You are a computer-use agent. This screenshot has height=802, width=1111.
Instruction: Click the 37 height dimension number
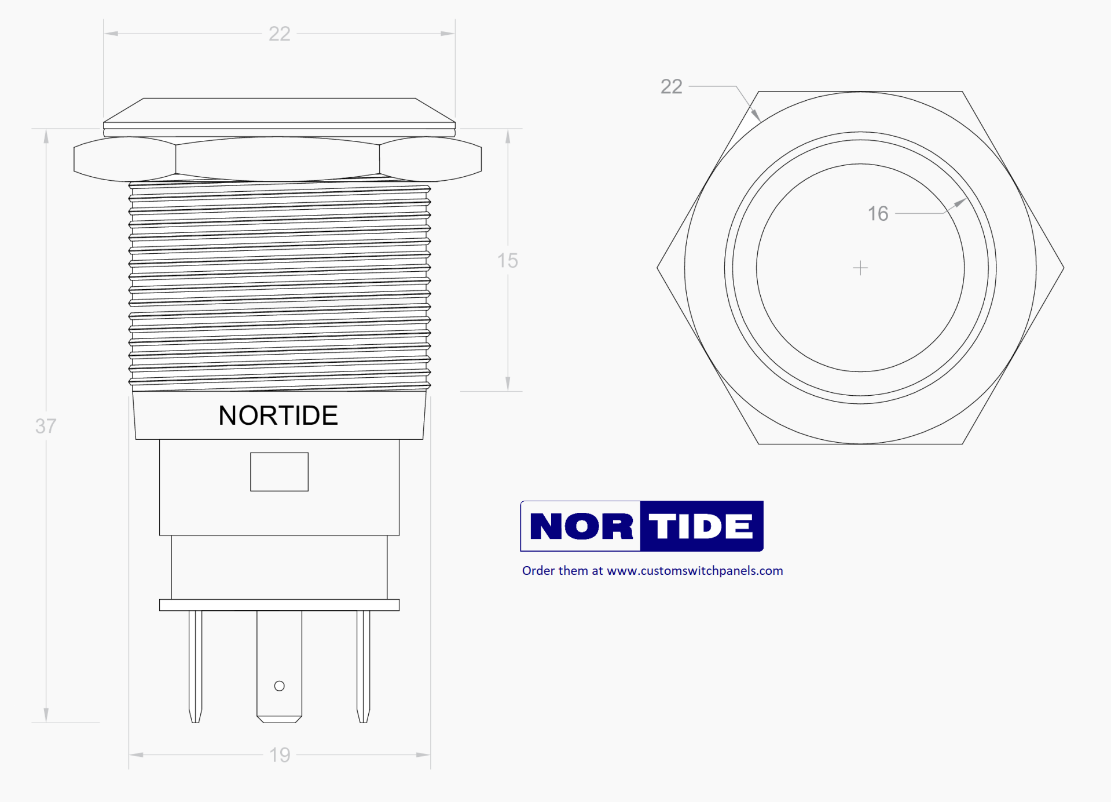coord(46,426)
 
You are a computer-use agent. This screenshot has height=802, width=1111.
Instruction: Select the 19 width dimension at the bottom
coord(280,754)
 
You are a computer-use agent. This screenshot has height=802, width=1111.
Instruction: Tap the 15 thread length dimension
coord(507,261)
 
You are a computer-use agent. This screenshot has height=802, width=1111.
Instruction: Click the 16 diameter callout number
coord(878,214)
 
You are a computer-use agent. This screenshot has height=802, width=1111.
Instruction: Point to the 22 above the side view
coord(279,34)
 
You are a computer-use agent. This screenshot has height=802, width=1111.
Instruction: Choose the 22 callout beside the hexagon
coord(671,86)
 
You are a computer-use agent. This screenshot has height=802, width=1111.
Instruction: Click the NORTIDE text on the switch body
coord(278,415)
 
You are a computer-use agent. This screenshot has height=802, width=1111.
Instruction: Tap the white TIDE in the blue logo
coord(701,526)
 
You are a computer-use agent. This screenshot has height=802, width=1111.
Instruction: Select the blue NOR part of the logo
coord(581,526)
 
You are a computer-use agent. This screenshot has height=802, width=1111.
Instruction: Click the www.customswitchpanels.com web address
coord(695,571)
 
